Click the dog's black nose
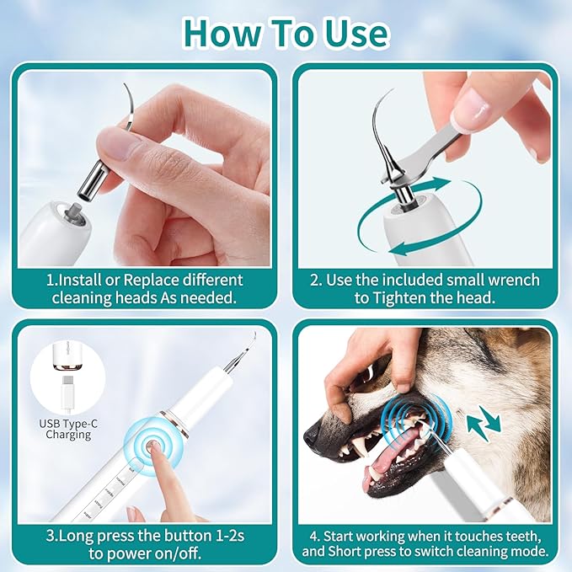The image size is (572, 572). [x=315, y=435]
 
